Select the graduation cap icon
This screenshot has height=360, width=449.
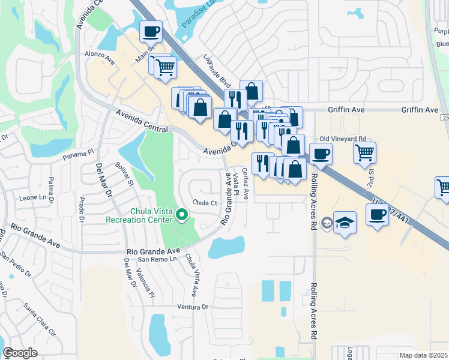pos(345,223)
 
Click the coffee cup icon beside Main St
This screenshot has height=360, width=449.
pos(151,31)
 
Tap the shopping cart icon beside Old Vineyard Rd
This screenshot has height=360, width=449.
pos(364,153)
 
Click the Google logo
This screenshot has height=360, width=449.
pos(20,352)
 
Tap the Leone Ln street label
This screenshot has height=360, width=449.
pos(33,197)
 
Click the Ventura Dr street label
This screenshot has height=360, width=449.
pos(192,307)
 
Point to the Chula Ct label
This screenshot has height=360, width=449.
pos(205,203)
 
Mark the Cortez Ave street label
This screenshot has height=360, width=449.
pos(246,184)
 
